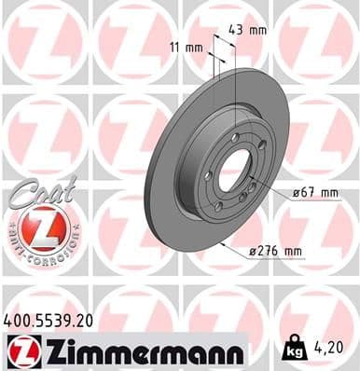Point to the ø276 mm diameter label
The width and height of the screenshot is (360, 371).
[x=276, y=251]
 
